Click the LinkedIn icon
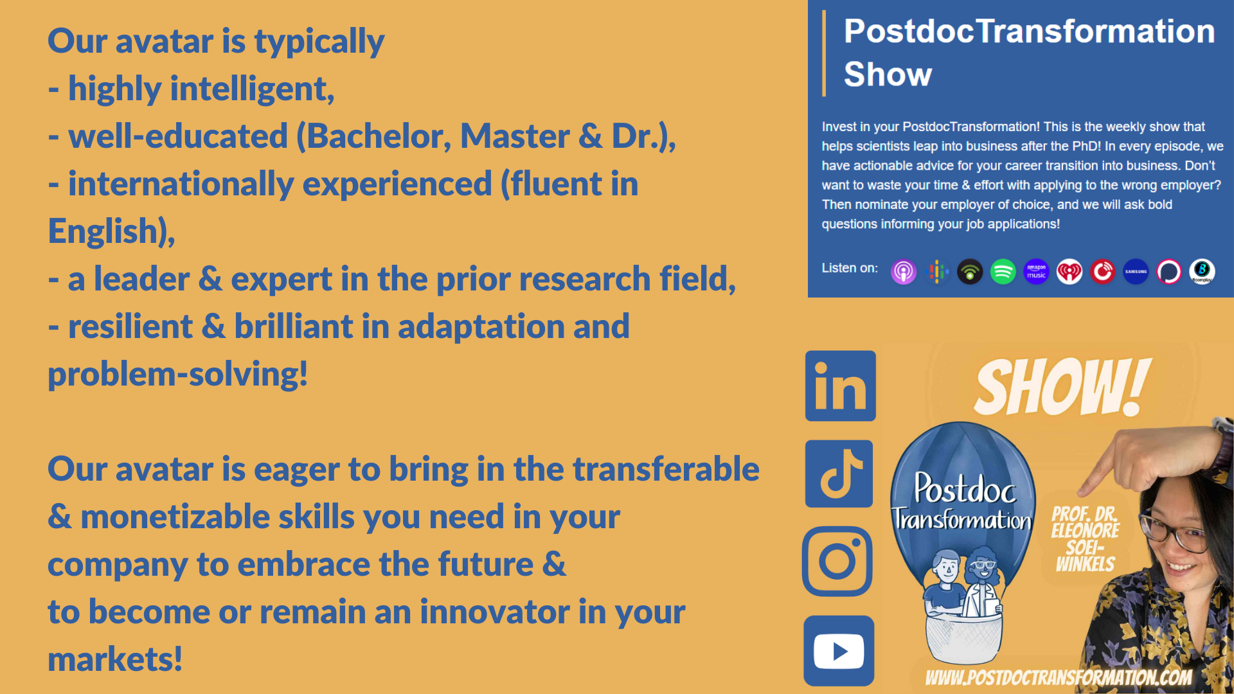(x=840, y=386)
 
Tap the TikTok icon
(x=839, y=474)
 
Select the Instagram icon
(x=837, y=561)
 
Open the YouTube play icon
(x=839, y=651)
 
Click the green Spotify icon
(x=1003, y=272)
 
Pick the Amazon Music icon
(x=1036, y=272)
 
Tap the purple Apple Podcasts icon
(x=904, y=272)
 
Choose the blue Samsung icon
(x=1136, y=272)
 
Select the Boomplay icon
(x=1202, y=272)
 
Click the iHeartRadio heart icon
(x=1069, y=272)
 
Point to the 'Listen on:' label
(x=850, y=268)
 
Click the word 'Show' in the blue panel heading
(x=888, y=74)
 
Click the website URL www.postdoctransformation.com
(x=1059, y=677)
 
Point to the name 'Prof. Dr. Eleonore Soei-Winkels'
(x=1085, y=539)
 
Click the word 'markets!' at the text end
(x=115, y=659)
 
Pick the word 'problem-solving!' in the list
(x=178, y=375)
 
